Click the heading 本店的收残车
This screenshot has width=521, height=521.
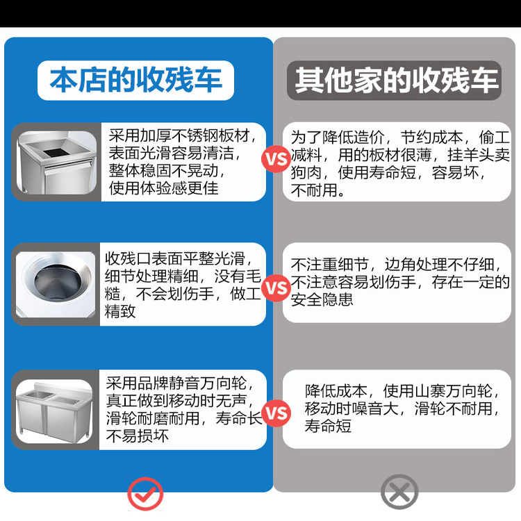[136, 81]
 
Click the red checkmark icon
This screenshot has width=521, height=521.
[145, 495]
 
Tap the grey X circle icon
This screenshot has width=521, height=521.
[399, 494]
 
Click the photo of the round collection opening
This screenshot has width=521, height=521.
[56, 283]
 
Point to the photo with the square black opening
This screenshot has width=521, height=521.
[56, 162]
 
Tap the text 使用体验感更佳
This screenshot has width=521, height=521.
[163, 188]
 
